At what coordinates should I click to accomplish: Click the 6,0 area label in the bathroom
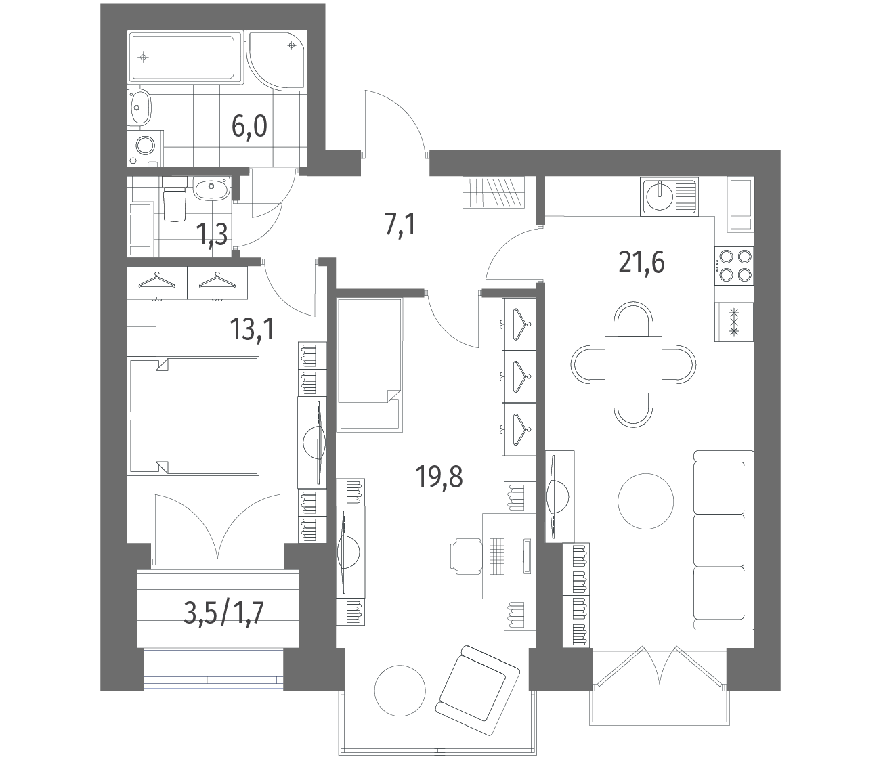click(249, 127)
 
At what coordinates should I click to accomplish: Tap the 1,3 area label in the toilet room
click(211, 234)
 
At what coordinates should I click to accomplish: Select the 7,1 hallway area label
click(400, 225)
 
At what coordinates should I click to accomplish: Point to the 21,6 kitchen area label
click(641, 263)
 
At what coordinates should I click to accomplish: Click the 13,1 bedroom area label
click(251, 329)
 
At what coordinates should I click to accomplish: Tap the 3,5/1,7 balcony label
click(223, 613)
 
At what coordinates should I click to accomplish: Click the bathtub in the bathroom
click(186, 58)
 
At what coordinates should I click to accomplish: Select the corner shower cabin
click(276, 60)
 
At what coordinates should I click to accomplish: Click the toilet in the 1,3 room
click(175, 200)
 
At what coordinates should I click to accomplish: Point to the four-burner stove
click(734, 266)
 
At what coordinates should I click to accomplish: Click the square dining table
click(633, 364)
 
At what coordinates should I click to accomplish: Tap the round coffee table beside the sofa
click(646, 501)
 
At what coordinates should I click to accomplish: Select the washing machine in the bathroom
click(145, 146)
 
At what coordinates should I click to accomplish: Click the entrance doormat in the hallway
click(494, 192)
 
